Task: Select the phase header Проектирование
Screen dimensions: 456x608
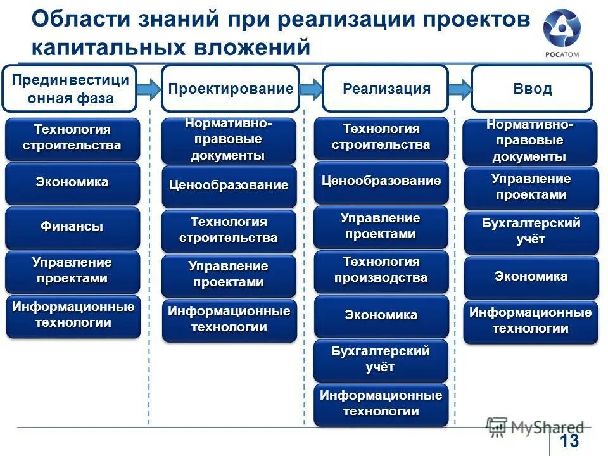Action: [231, 89]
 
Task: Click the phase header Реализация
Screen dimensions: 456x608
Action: [386, 89]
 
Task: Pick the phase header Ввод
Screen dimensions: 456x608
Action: [531, 89]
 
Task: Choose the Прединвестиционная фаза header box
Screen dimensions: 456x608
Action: [70, 89]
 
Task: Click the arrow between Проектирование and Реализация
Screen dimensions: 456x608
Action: [311, 89]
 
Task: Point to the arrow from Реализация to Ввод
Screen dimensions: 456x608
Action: [460, 89]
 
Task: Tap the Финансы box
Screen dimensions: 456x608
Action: [73, 227]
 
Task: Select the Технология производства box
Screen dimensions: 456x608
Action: [381, 271]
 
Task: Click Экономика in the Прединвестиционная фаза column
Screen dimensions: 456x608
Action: [73, 183]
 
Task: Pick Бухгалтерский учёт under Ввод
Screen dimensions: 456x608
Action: [531, 232]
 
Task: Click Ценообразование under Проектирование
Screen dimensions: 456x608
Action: [229, 186]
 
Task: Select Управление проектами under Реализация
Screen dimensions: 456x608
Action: [381, 227]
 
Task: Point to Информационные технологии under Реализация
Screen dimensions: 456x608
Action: [381, 404]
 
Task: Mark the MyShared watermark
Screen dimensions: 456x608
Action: [535, 427]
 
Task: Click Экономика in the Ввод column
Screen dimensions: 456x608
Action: [531, 277]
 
